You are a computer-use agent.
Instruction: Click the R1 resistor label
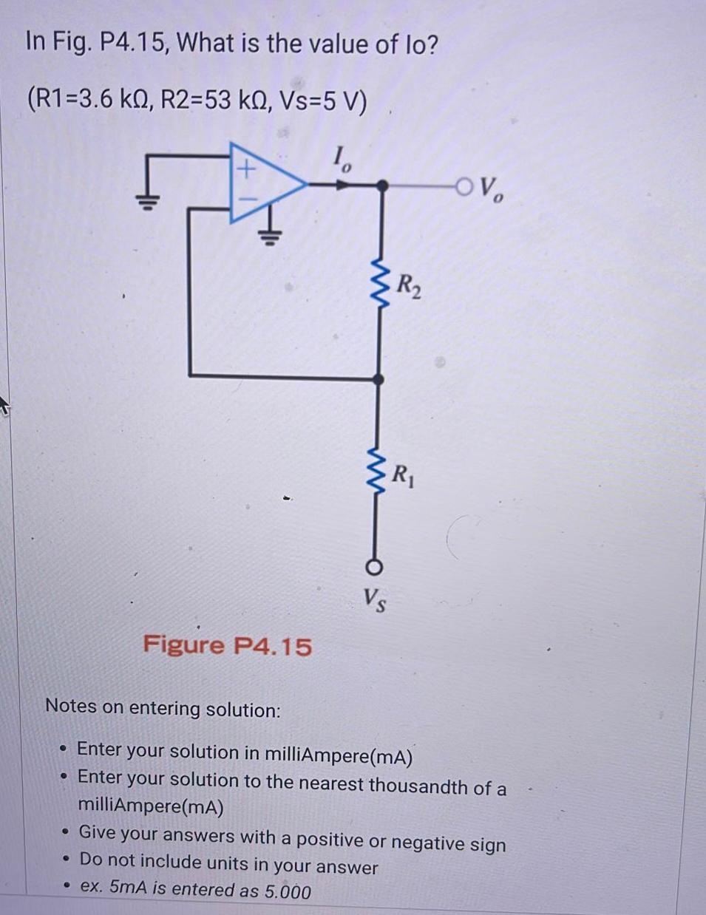(404, 473)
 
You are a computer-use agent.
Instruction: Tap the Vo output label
(492, 191)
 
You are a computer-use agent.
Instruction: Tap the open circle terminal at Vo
(465, 186)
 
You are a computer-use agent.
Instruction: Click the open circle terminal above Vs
(375, 567)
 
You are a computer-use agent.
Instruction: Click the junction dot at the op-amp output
(381, 186)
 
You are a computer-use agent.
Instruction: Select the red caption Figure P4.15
(227, 645)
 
